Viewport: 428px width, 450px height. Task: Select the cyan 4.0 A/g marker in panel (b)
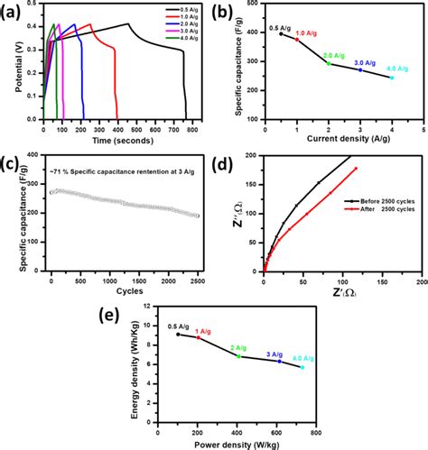(x=391, y=78)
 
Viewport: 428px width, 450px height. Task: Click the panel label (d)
(x=237, y=164)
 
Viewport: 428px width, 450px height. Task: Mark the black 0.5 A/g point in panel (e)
(x=178, y=334)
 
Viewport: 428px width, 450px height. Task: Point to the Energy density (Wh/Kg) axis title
(x=128, y=364)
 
